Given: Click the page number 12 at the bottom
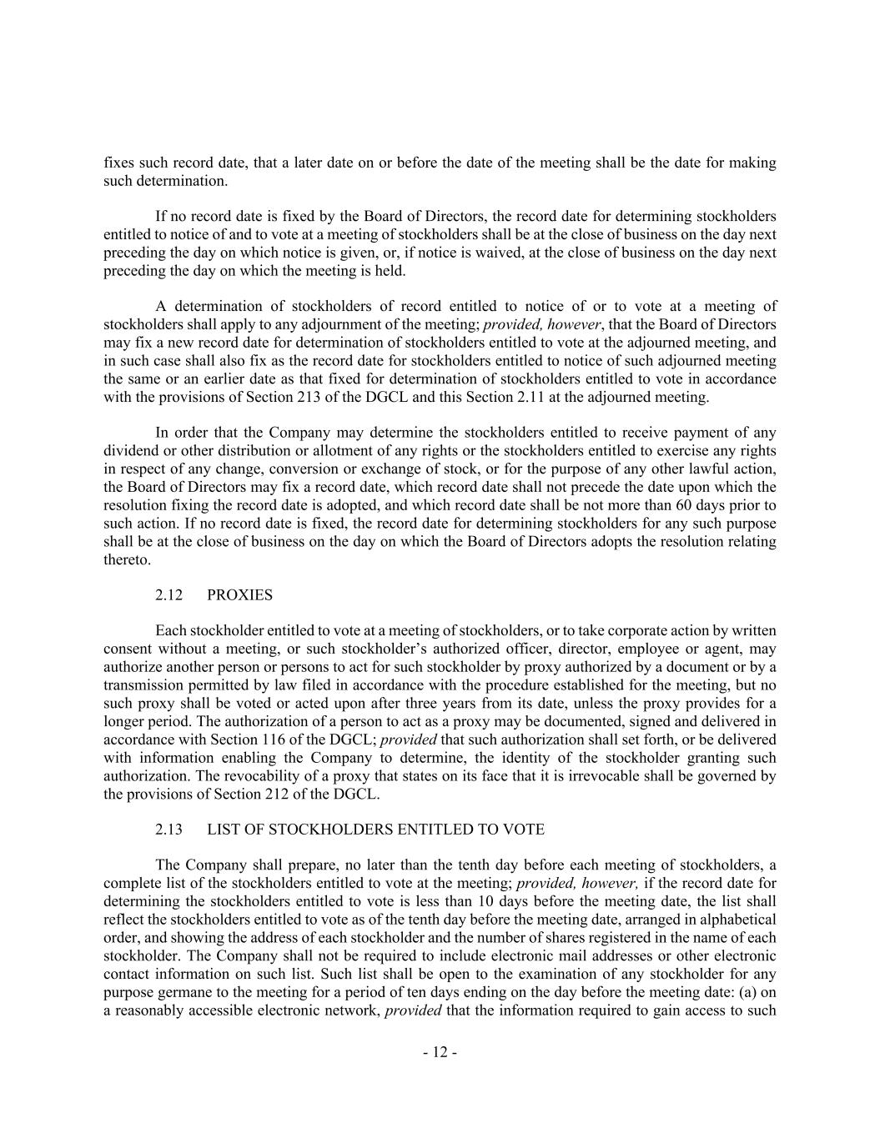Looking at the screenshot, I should (x=440, y=1052).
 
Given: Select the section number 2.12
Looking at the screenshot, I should (x=168, y=595).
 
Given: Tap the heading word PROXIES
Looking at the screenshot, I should (x=239, y=595).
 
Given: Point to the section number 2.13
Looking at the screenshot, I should (x=168, y=830).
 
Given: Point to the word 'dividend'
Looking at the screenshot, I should (x=129, y=451).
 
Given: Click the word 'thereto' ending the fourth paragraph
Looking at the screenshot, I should (x=126, y=559).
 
